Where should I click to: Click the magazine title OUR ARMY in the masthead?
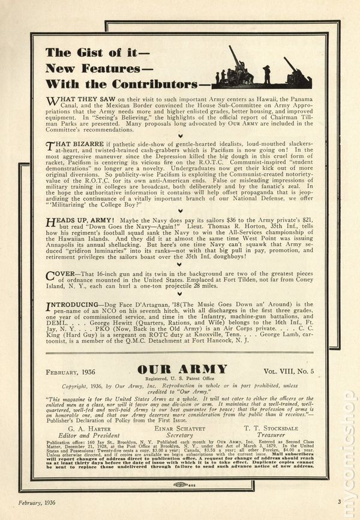[179, 369]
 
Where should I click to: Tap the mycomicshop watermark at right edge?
[349, 450]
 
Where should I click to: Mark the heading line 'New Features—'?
[88, 67]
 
